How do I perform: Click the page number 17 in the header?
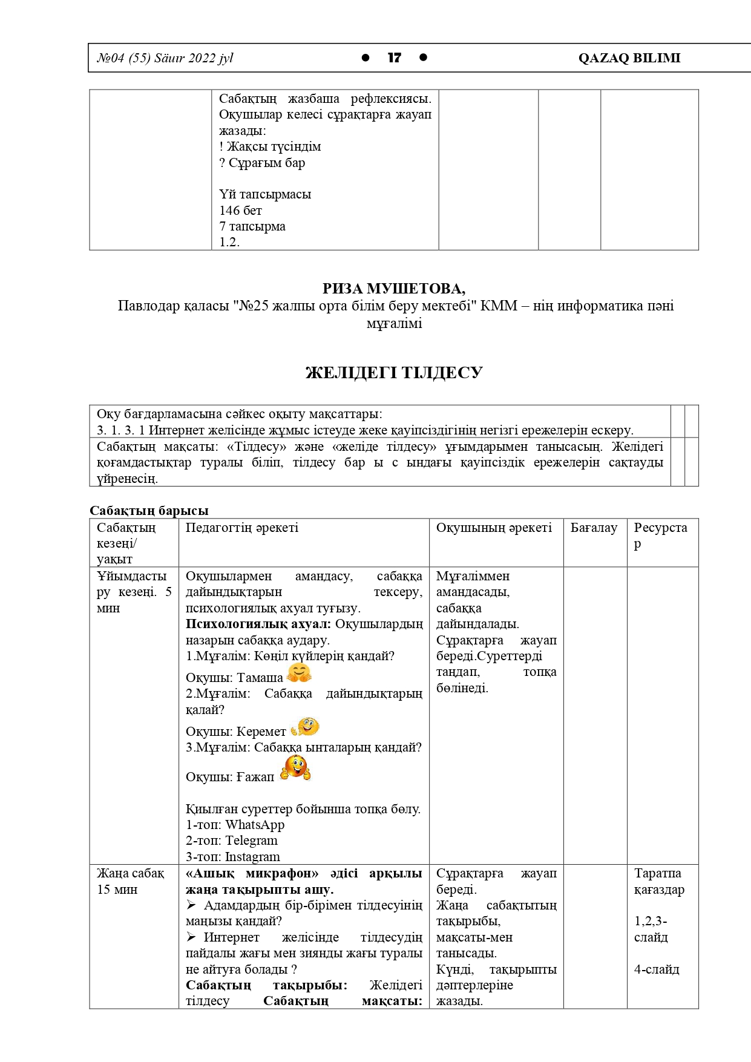394,58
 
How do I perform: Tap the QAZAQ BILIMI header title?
629,58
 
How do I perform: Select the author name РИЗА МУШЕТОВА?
394,289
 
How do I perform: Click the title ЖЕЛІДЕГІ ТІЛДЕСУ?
394,373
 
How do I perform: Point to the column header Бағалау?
594,528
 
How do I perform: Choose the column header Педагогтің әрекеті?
241,528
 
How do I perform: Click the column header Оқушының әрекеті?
494,528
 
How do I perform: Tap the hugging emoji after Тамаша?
299,673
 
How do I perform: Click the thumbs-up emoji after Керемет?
305,727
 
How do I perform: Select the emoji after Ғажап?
295,768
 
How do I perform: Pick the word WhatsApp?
255,825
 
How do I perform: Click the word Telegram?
251,841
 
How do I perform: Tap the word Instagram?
252,857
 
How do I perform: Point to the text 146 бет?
241,211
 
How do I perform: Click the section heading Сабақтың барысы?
149,511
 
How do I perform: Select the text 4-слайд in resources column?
657,969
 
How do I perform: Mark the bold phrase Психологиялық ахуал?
258,624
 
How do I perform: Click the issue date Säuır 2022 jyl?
194,58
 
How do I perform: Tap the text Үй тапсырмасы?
265,194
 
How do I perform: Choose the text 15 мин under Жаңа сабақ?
117,890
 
